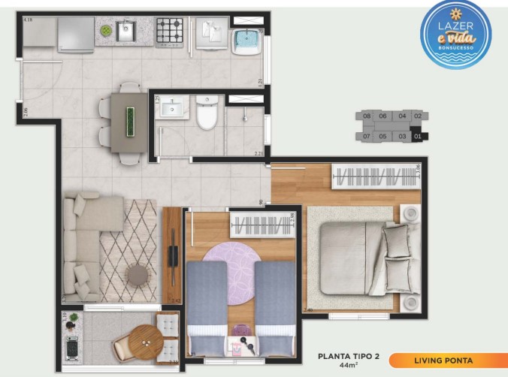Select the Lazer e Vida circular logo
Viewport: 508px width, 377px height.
[455, 34]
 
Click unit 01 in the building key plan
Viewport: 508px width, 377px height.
[419, 137]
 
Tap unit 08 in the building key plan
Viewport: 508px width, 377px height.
[367, 116]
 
